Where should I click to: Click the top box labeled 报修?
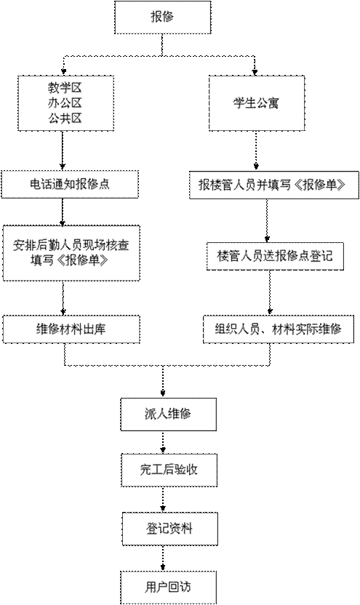pos(162,17)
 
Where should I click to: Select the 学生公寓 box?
pos(257,103)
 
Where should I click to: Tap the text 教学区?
pos(65,88)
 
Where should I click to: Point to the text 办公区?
pos(65,103)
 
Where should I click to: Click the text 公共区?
pos(65,118)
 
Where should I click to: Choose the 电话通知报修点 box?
pos(70,184)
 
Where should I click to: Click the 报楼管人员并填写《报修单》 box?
pos(274,185)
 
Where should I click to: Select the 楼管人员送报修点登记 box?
pos(275,256)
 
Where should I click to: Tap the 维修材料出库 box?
pos(71,329)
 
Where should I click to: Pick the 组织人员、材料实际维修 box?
pos(279,329)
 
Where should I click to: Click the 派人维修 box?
pos(168,414)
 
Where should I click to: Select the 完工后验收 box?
pos(169,470)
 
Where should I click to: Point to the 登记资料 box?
pos(169,529)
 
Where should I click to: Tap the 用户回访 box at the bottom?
pos(168,588)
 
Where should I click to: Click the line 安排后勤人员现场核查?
pos(71,245)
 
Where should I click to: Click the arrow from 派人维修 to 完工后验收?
pos(163,442)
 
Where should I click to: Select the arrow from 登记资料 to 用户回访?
pos(163,558)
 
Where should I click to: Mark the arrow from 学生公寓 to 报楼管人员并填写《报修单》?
pos(256,151)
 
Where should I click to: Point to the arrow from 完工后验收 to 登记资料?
pos(163,500)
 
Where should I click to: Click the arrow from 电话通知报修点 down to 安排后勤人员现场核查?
pos(63,212)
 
